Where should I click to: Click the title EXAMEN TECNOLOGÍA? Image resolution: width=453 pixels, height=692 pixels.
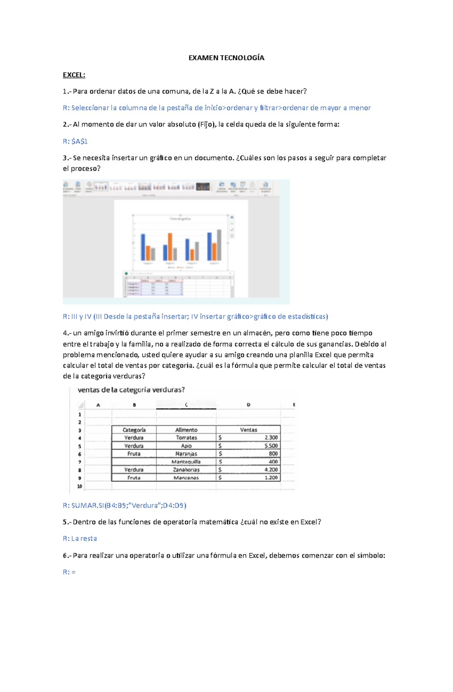(226, 58)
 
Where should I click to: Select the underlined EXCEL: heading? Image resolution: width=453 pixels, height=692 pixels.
(74, 75)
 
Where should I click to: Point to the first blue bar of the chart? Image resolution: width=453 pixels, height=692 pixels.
(143, 247)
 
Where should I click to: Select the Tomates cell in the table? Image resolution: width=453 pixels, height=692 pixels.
(186, 438)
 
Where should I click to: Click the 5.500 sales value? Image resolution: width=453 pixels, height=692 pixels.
(271, 446)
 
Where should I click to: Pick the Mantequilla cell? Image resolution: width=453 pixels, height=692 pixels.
(186, 462)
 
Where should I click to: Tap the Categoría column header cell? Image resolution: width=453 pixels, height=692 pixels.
(134, 430)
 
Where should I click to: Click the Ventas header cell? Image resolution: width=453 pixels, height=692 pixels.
(248, 430)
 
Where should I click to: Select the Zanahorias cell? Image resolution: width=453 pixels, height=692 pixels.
(186, 470)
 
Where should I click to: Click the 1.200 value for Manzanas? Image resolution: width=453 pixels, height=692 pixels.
(271, 478)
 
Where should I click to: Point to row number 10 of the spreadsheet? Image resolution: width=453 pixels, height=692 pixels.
(80, 486)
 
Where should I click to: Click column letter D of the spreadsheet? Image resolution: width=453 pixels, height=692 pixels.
(248, 405)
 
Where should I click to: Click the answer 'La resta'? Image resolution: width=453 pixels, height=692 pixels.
(84, 539)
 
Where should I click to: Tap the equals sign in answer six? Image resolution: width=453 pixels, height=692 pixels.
(73, 572)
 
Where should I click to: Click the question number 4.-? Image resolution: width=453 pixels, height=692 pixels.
(67, 333)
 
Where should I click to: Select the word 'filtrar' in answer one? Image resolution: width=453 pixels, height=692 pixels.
(268, 108)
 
